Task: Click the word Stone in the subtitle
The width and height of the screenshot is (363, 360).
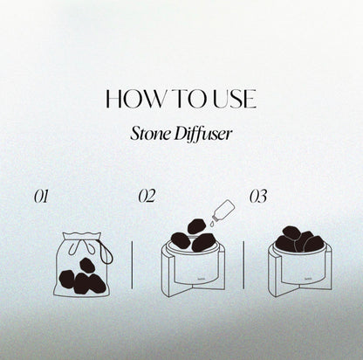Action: [150, 134]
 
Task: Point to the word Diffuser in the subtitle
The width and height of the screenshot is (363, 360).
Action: [203, 135]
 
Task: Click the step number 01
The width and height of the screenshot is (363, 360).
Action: [41, 197]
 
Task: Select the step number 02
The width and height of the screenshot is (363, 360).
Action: [147, 196]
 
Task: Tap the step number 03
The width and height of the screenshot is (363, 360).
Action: [258, 197]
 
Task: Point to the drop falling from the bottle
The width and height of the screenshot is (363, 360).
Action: [212, 224]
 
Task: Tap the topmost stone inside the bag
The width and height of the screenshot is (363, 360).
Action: [87, 266]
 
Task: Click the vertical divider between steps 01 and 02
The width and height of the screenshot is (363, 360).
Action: [132, 265]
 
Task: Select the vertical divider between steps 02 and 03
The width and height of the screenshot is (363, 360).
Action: [243, 265]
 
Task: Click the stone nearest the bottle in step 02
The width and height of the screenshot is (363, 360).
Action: [196, 226]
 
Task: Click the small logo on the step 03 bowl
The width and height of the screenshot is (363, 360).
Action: [308, 278]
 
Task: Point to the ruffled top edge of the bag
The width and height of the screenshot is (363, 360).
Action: [82, 235]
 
